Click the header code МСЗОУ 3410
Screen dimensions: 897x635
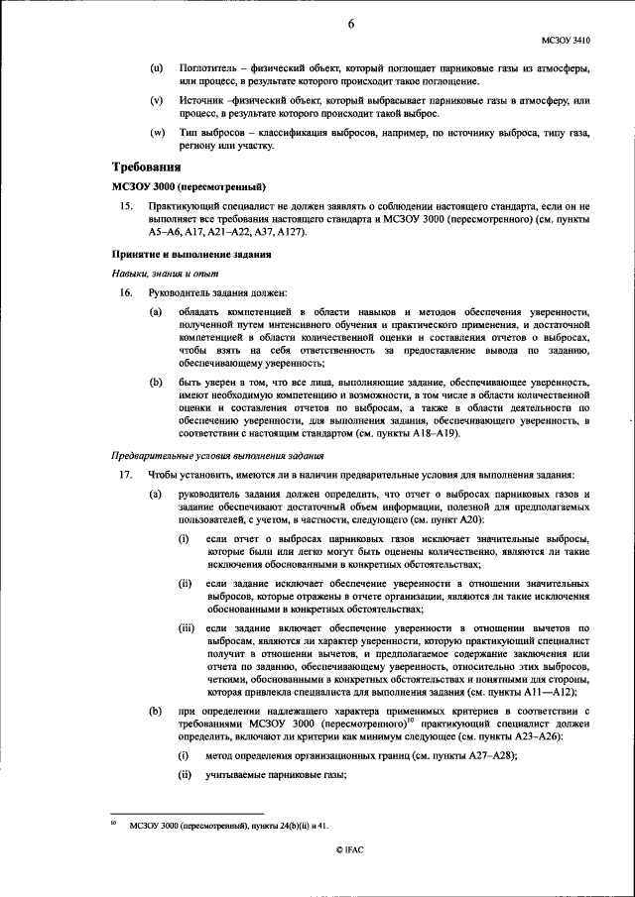click(566, 41)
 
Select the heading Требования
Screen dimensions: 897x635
click(147, 168)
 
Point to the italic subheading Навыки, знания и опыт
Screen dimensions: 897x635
click(165, 273)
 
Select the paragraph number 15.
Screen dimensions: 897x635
click(124, 206)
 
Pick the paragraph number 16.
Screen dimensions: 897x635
click(124, 292)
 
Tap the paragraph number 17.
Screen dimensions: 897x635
click(124, 475)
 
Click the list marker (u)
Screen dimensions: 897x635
click(156, 67)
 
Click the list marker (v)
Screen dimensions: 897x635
click(156, 101)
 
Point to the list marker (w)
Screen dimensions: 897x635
click(157, 133)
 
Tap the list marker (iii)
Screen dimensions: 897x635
click(187, 628)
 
